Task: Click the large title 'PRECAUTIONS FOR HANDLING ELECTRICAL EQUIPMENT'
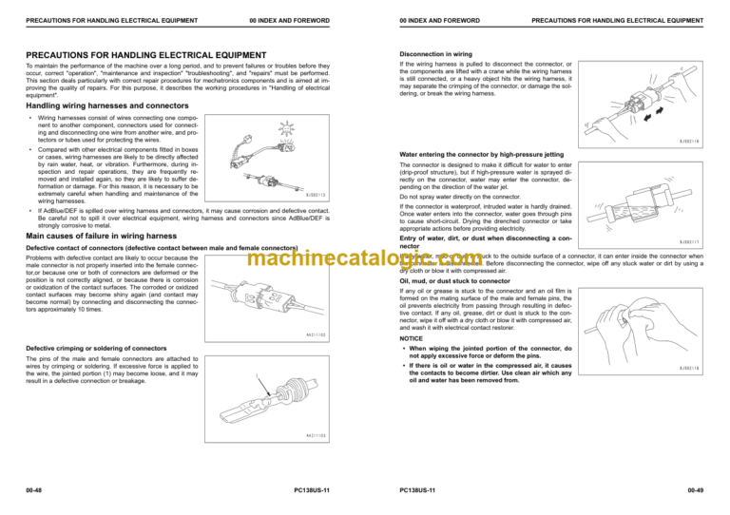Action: click(x=145, y=54)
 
